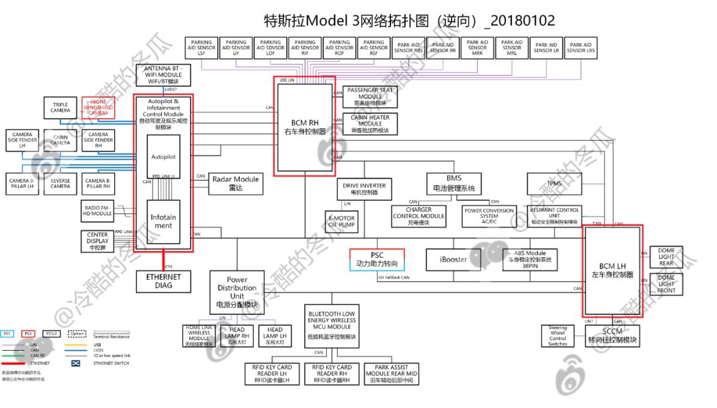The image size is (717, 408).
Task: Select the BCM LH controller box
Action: tap(612, 271)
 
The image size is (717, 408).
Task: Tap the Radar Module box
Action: tap(236, 183)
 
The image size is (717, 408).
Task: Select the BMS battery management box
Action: tap(453, 183)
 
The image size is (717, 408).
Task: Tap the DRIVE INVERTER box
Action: tap(364, 189)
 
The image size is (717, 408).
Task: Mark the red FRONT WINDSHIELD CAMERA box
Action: tap(98, 107)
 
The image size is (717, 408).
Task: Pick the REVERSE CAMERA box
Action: tap(60, 183)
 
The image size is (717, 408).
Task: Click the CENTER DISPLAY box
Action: tap(98, 241)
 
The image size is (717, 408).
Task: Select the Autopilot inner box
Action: tap(163, 157)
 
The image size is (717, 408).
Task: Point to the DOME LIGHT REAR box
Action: tap(666, 256)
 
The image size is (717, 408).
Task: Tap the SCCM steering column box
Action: tap(612, 336)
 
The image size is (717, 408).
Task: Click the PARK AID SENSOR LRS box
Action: tap(580, 47)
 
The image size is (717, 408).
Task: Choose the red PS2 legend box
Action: tap(28, 334)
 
